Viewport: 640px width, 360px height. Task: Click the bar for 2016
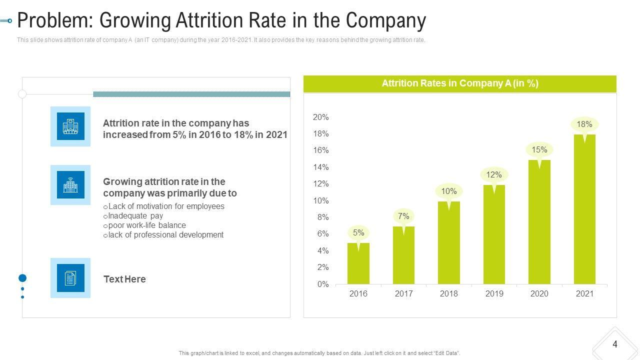coord(358,263)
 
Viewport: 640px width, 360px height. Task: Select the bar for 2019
coord(494,234)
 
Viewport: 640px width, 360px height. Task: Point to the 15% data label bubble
coord(539,149)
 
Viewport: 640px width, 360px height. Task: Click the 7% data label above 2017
coord(403,216)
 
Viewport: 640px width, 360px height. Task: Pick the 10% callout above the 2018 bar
coord(449,191)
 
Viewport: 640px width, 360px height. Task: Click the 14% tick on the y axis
coord(320,167)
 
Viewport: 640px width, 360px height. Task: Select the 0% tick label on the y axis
coord(323,284)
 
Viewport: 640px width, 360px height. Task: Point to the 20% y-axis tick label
coord(320,117)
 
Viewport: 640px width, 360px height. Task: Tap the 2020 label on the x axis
coord(539,294)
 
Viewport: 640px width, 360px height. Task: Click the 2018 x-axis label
coord(449,294)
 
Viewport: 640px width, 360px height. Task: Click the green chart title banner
coord(460,83)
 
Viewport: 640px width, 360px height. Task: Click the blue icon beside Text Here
coord(70,278)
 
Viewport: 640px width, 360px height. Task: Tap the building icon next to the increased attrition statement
coord(70,126)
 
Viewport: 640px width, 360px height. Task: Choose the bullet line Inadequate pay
coord(135,216)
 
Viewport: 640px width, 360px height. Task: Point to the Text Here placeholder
coord(124,279)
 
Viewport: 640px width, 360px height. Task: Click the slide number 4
coord(615,344)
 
